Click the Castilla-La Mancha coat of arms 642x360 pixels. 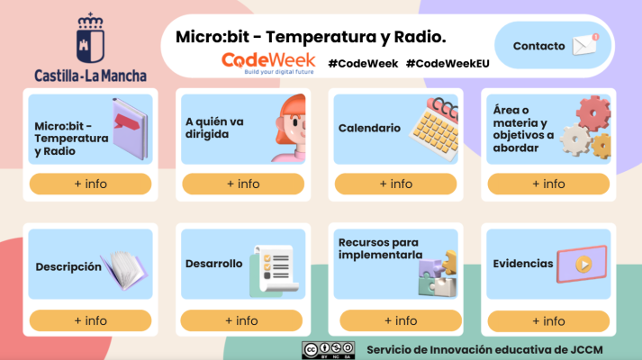(x=89, y=37)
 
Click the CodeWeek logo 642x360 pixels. (x=268, y=61)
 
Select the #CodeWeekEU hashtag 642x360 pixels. (x=448, y=63)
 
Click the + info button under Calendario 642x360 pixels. (x=395, y=184)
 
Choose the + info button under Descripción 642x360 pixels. (x=90, y=320)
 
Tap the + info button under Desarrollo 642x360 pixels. (x=241, y=320)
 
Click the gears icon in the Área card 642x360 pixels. (x=587, y=128)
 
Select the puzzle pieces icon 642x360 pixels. (x=436, y=274)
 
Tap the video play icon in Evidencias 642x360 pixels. (x=582, y=265)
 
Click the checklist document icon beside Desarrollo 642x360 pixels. (x=271, y=269)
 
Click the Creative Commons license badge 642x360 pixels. (x=328, y=349)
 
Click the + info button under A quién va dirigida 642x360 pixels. (x=242, y=184)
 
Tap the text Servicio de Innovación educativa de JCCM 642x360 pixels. (x=484, y=348)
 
